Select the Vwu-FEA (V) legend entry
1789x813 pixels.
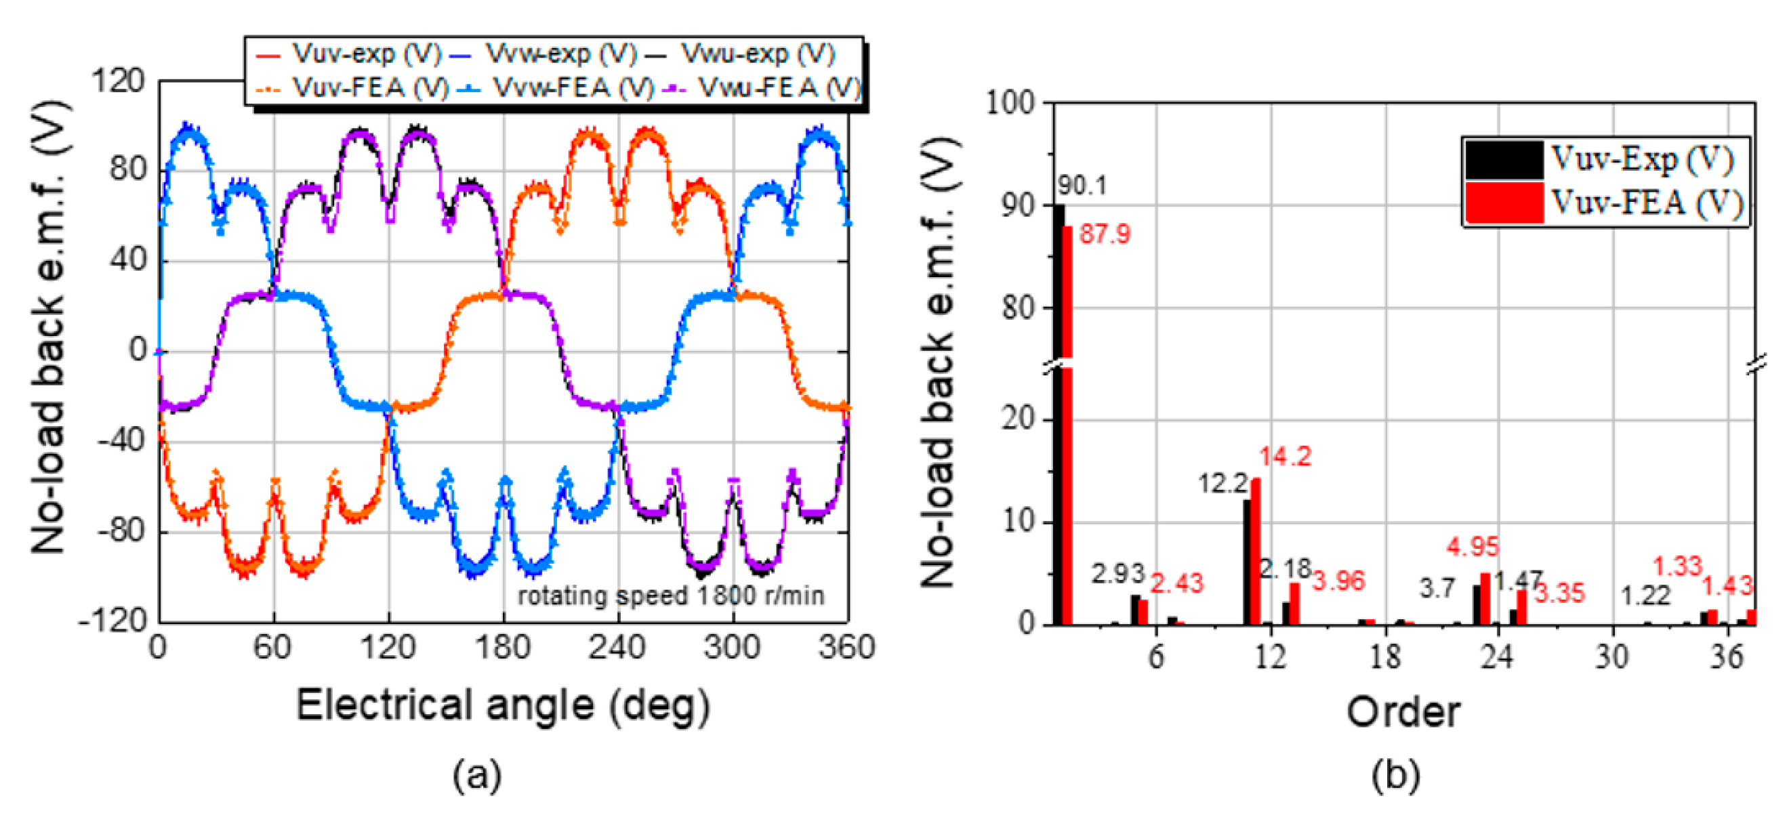point(764,88)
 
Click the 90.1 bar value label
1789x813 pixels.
point(1082,186)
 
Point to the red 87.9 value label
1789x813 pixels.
point(1105,234)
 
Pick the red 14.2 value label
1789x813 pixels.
point(1285,456)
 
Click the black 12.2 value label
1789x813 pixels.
point(1222,484)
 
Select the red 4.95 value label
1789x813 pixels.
point(1473,547)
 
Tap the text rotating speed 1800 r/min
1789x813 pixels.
point(671,596)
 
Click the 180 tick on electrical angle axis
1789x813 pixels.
point(503,648)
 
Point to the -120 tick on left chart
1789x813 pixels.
point(112,620)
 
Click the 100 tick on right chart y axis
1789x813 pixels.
point(1010,104)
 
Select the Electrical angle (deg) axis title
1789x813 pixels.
point(503,705)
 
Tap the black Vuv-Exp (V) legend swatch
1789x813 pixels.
point(1504,160)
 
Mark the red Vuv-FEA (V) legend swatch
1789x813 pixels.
point(1504,203)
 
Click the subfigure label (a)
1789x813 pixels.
point(476,774)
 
